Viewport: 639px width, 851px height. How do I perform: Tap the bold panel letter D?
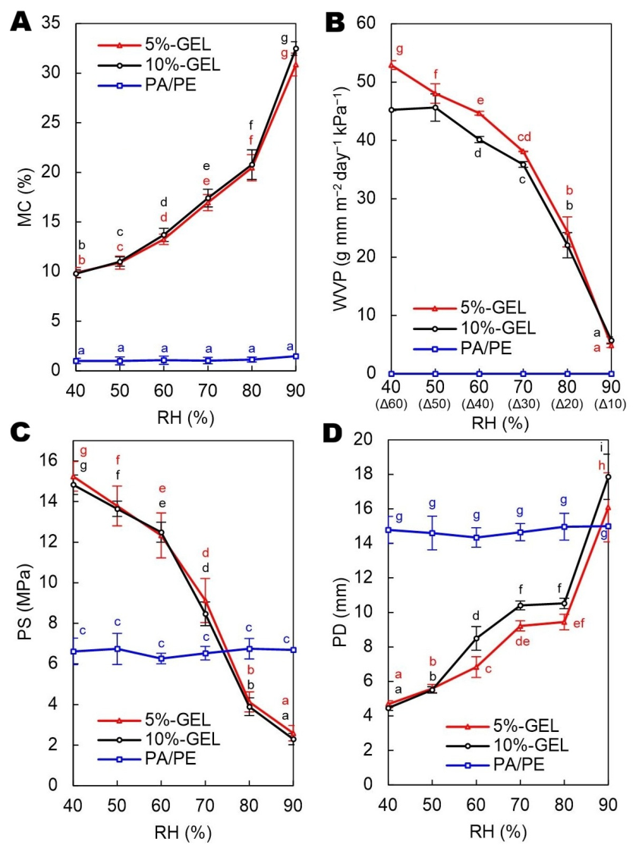point(333,433)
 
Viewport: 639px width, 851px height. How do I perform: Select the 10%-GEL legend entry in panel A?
point(159,65)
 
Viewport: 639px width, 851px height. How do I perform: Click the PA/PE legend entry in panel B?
point(463,348)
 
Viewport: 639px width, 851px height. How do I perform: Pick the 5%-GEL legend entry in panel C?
point(154,720)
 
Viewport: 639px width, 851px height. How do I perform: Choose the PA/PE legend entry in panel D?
point(495,765)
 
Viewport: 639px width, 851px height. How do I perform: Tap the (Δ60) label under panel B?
point(391,404)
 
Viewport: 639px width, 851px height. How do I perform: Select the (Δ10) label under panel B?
point(611,404)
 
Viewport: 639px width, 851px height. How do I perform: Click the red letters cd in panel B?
point(524,137)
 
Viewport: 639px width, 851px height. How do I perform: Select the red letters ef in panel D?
point(579,623)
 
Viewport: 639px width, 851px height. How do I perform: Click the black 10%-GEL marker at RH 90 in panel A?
point(295,49)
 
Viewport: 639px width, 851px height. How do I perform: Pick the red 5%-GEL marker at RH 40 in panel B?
point(392,65)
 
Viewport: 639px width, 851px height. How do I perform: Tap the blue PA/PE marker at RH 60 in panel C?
point(161,658)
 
